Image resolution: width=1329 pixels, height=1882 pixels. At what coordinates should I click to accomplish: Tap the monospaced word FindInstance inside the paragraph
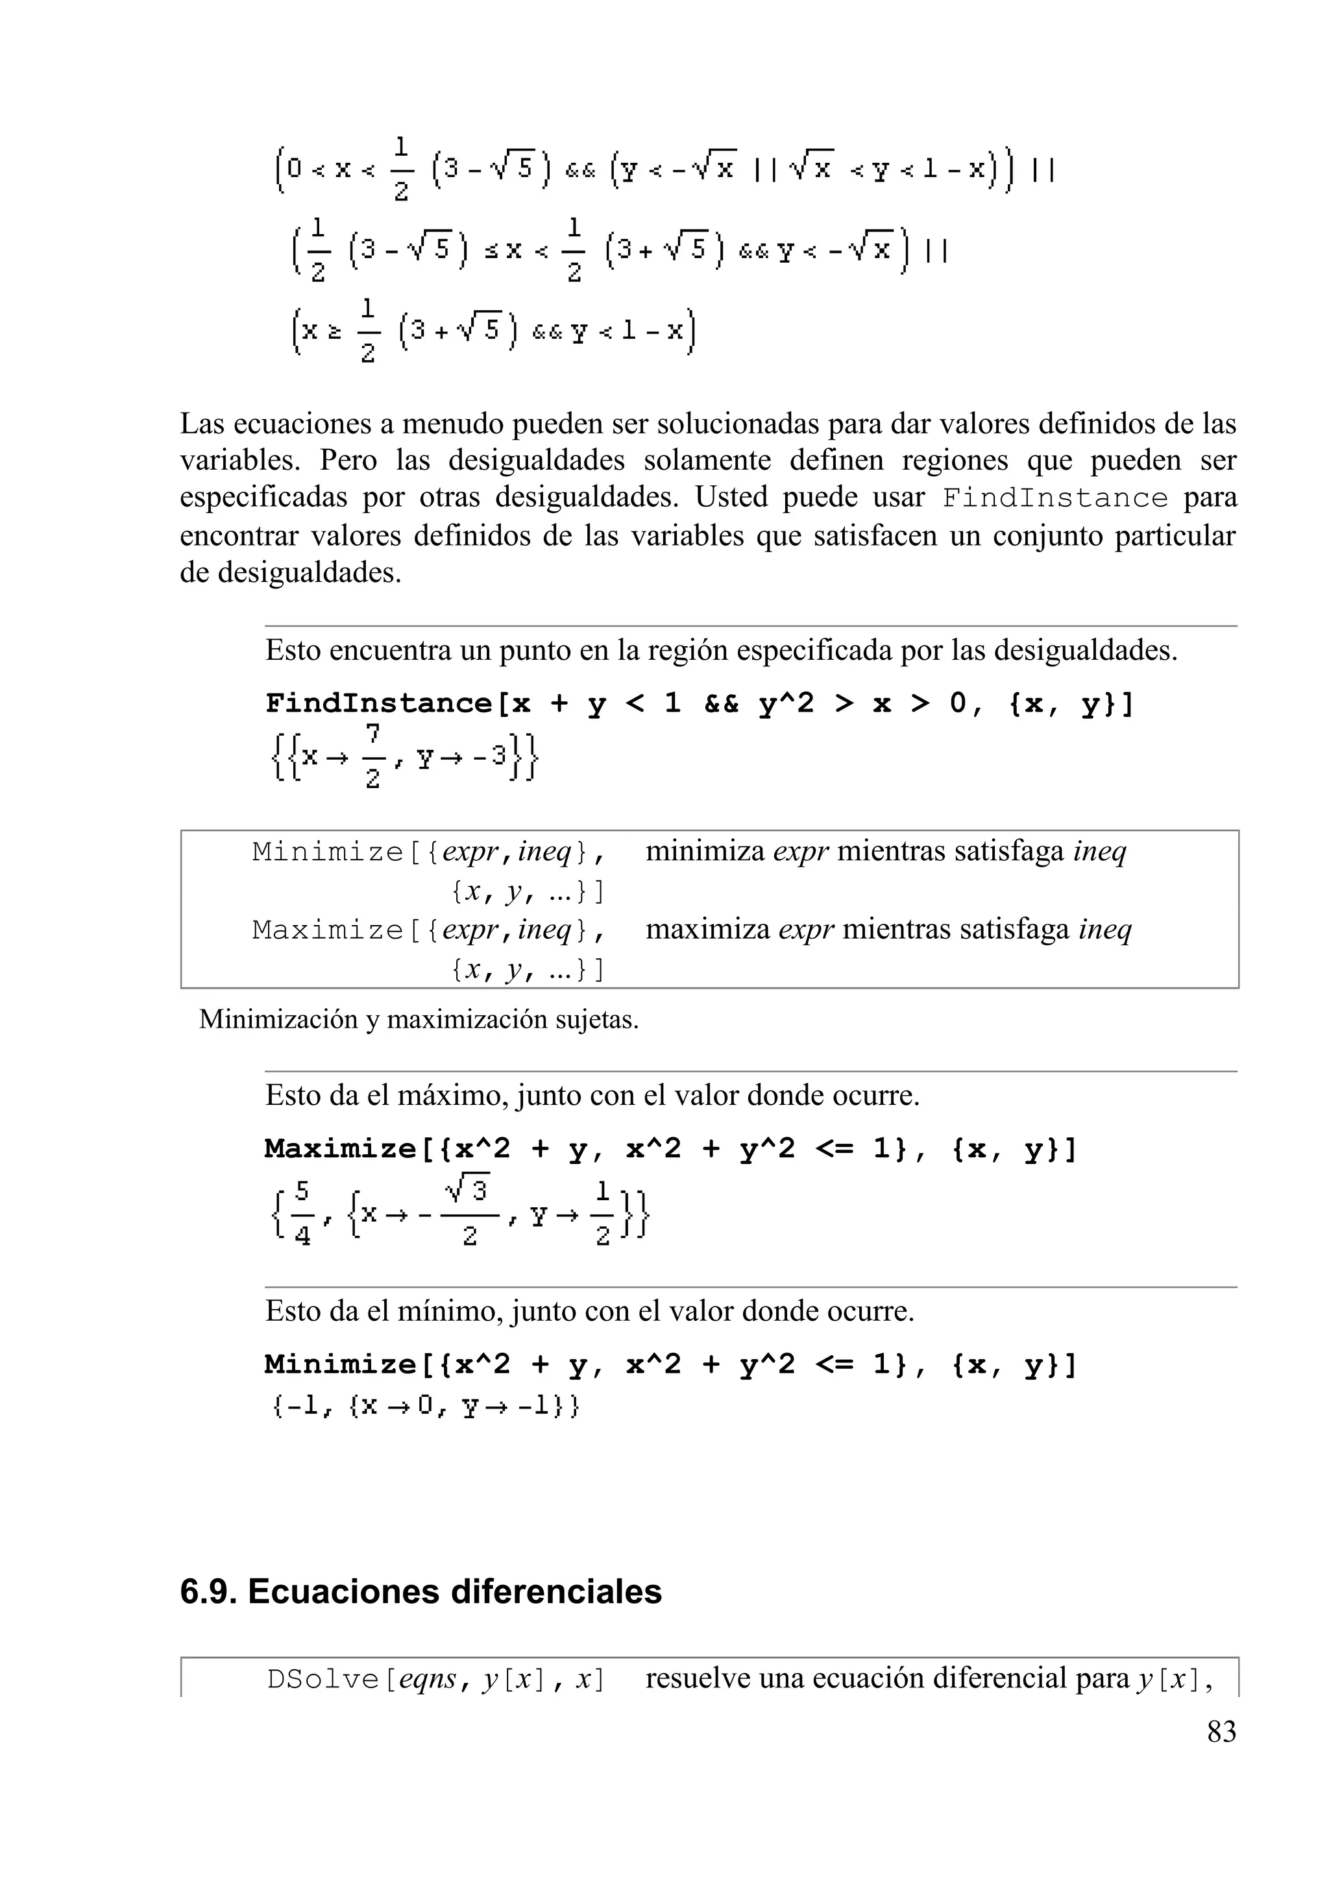(1055, 498)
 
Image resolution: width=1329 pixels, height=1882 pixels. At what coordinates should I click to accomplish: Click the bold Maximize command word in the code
(340, 1148)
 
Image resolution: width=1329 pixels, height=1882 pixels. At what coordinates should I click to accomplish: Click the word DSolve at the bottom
(323, 1680)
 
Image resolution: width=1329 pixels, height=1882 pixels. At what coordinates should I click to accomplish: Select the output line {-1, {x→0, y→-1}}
(424, 1406)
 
